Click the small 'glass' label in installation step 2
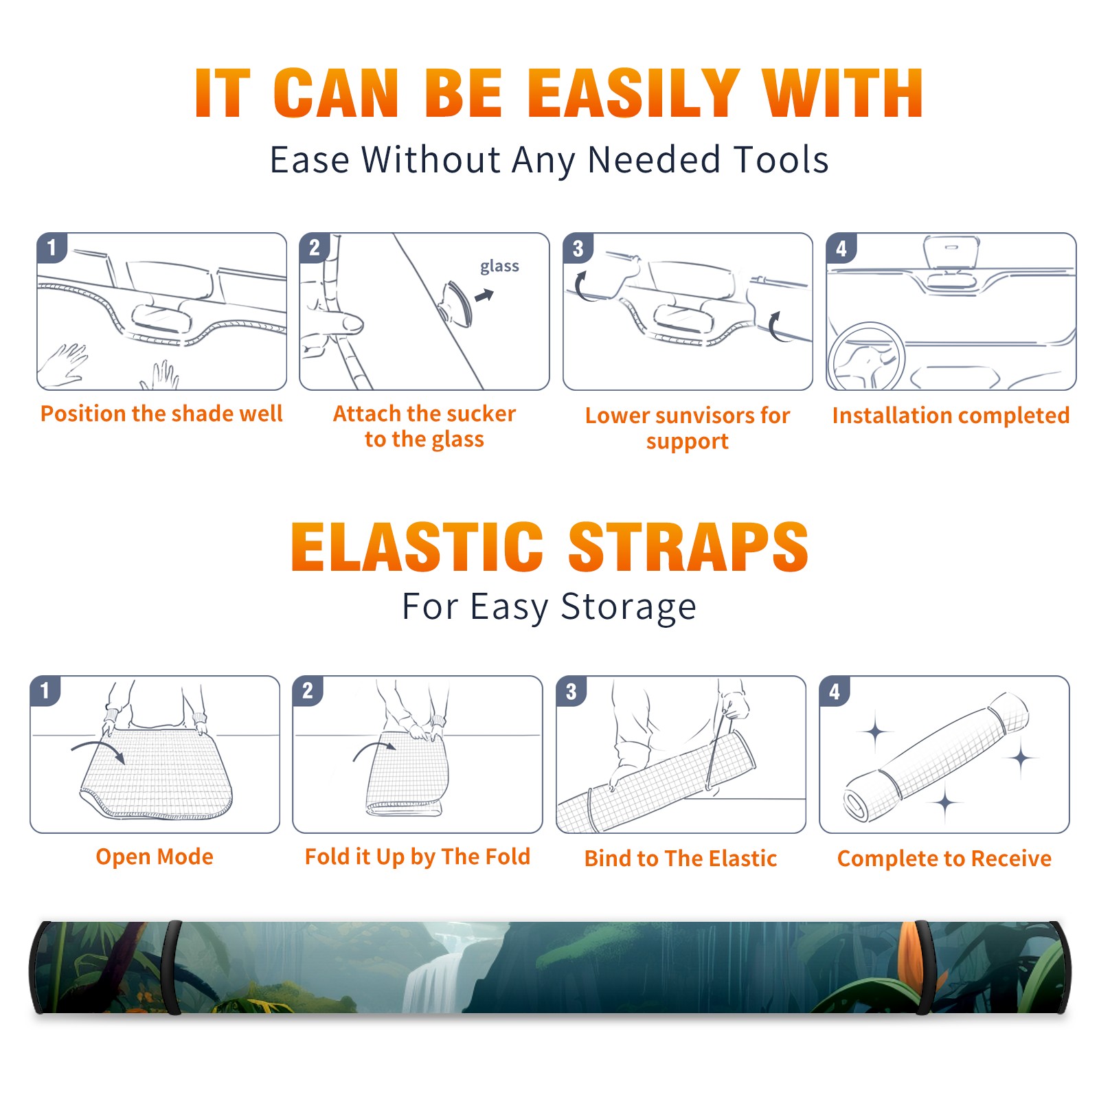pyautogui.click(x=499, y=267)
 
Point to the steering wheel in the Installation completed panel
pyautogui.click(x=866, y=356)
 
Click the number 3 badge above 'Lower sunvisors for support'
pyautogui.click(x=578, y=248)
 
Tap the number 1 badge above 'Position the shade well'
pyautogui.click(x=52, y=247)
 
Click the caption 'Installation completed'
pyautogui.click(x=951, y=415)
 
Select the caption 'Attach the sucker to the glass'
pyautogui.click(x=424, y=426)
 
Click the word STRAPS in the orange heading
pyautogui.click(x=688, y=547)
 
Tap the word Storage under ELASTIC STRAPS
pyautogui.click(x=628, y=607)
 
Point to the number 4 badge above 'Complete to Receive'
pyautogui.click(x=835, y=691)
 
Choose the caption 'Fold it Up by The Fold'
pyautogui.click(x=418, y=857)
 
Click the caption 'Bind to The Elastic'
pyautogui.click(x=681, y=859)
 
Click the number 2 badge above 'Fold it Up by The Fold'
pyautogui.click(x=308, y=691)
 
